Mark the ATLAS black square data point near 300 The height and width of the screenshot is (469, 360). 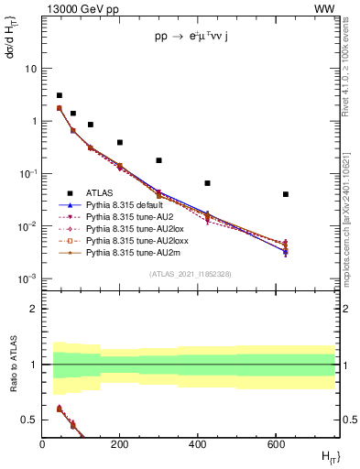159,160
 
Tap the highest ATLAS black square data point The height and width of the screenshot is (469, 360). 60,95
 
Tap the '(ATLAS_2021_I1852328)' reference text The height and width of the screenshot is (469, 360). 191,274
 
